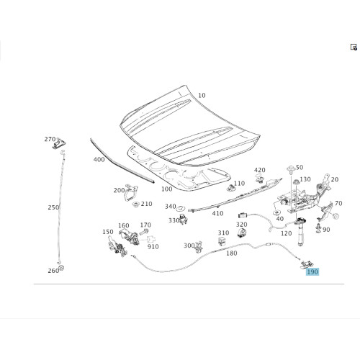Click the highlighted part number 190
[x=312, y=271]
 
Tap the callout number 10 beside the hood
[x=202, y=96]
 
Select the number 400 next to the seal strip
[x=99, y=159]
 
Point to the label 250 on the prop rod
[x=53, y=207]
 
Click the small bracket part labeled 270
[x=59, y=144]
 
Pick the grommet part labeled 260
[x=61, y=268]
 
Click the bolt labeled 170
[x=143, y=232]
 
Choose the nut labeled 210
[x=136, y=204]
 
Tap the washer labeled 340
[x=179, y=210]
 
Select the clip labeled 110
[x=230, y=188]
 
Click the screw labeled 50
[x=291, y=170]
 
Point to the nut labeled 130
[x=297, y=181]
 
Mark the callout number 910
[x=153, y=246]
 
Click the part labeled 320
[x=242, y=233]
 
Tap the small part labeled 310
[x=222, y=241]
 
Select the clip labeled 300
[x=199, y=247]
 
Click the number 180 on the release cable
[x=232, y=253]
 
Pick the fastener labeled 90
[x=318, y=228]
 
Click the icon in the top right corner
[x=354, y=47]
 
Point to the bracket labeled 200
[x=131, y=192]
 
